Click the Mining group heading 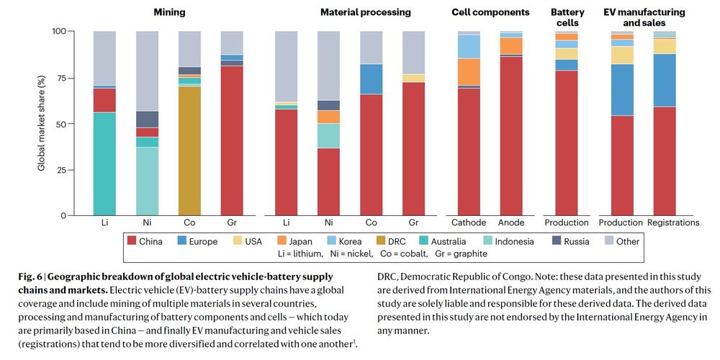[169, 12]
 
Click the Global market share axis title [42, 122]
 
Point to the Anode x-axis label [512, 222]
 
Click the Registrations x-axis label [674, 222]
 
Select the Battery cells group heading [564, 17]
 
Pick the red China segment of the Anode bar [512, 137]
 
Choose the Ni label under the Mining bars [148, 222]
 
